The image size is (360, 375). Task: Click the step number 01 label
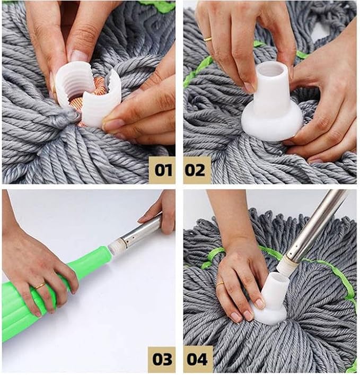tap(162, 170)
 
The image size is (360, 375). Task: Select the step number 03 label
tap(162, 359)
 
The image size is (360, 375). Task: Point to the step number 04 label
tap(197, 359)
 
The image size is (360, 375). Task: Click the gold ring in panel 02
tap(207, 39)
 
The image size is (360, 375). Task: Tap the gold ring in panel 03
tap(40, 285)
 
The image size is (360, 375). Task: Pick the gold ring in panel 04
tap(220, 284)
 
